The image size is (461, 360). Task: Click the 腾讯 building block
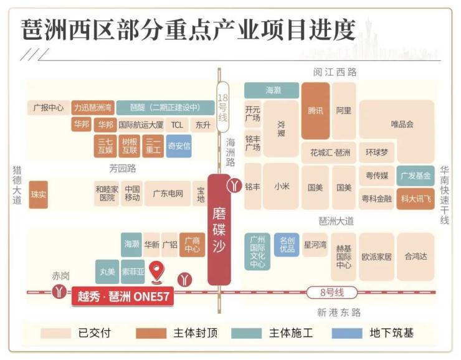[x=316, y=111]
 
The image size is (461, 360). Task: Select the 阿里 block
[x=343, y=111]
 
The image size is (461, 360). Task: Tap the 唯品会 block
[x=402, y=123]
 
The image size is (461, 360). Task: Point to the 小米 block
[x=281, y=187]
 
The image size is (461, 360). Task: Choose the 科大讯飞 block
[x=416, y=199]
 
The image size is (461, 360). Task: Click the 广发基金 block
[x=416, y=176]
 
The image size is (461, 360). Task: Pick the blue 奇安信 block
[x=179, y=146]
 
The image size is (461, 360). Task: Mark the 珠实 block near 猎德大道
[x=39, y=194]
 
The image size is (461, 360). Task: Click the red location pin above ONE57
[x=159, y=273]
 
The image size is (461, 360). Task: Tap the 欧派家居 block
[x=376, y=257]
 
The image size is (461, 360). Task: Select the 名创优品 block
[x=287, y=245]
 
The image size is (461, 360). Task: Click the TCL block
[x=177, y=125]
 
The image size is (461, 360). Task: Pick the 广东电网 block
[x=168, y=193]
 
